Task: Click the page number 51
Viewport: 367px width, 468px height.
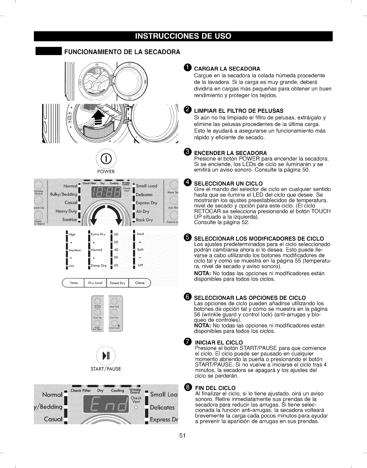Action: [183, 436]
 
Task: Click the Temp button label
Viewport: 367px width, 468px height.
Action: [74, 283]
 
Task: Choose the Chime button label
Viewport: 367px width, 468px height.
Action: [140, 283]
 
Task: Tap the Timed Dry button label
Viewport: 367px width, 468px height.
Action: [117, 283]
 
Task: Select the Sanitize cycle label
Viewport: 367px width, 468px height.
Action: [70, 219]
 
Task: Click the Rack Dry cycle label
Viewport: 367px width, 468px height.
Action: [144, 220]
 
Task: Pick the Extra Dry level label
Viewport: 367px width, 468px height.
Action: [98, 234]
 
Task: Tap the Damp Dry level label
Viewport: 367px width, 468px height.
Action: [99, 266]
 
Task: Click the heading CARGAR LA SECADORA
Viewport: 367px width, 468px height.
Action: [227, 69]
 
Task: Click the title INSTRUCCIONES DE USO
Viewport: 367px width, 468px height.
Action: [183, 36]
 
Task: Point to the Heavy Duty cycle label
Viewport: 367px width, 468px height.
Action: [66, 211]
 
